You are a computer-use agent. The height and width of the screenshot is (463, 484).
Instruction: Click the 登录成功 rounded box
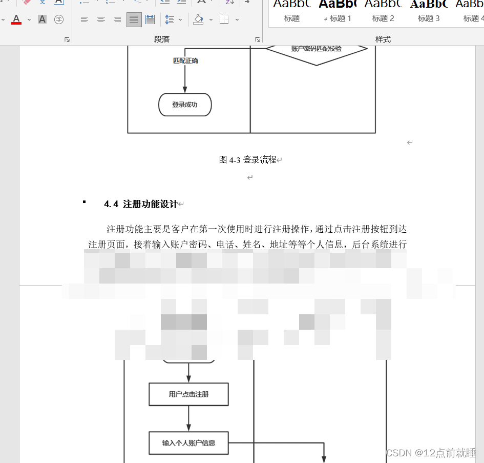click(x=184, y=105)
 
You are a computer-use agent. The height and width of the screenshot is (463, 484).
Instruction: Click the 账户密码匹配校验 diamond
click(x=316, y=50)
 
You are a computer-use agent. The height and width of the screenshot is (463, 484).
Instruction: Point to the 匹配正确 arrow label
click(x=185, y=61)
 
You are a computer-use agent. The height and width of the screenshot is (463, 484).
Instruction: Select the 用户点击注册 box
click(x=188, y=394)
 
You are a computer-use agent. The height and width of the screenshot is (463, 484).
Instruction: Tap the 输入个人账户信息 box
click(x=188, y=443)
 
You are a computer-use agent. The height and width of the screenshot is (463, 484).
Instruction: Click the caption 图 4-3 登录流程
click(x=247, y=159)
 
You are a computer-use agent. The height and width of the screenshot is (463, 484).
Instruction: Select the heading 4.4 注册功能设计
click(x=140, y=204)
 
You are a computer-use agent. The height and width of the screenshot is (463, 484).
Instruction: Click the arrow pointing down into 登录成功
click(x=185, y=82)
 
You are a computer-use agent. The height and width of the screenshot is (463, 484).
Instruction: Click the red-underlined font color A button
click(x=16, y=19)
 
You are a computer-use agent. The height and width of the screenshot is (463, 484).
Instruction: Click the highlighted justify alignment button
click(x=134, y=19)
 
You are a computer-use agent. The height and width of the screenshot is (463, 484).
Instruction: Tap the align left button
click(x=85, y=19)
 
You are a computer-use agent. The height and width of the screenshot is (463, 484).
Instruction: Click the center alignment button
click(x=101, y=19)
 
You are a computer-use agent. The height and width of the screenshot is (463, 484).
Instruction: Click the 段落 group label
click(x=161, y=39)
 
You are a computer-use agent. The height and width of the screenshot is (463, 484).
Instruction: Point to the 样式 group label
click(x=383, y=39)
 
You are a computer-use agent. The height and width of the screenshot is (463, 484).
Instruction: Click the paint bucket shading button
click(x=199, y=19)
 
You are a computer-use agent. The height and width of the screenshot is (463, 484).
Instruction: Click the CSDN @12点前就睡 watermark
click(x=431, y=453)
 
